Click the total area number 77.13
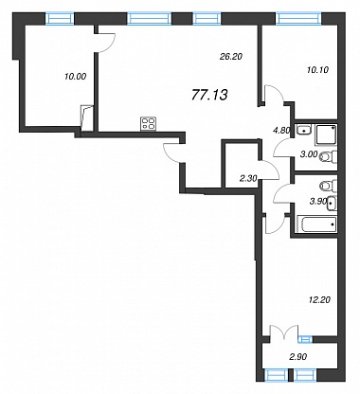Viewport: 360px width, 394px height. click(209, 95)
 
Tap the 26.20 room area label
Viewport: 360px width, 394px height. click(231, 57)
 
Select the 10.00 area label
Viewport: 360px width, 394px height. click(75, 76)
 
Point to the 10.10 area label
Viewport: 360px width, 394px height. click(317, 70)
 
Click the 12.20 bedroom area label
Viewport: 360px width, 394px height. click(319, 299)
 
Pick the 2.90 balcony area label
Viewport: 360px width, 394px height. click(298, 357)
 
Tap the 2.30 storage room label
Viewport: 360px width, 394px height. click(248, 179)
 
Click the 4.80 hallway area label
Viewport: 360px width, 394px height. click(281, 131)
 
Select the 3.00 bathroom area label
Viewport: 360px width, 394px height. click(308, 154)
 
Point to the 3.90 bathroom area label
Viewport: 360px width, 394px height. click(317, 201)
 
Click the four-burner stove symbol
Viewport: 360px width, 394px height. click(149, 123)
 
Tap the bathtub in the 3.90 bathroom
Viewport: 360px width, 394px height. click(318, 224)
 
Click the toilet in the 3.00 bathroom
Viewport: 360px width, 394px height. click(329, 156)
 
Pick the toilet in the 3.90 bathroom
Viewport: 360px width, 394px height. click(329, 186)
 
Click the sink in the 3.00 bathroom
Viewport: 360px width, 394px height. click(304, 129)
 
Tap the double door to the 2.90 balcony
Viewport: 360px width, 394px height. click(284, 333)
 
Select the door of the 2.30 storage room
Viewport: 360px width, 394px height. click(269, 170)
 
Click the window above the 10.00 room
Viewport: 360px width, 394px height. click(60, 18)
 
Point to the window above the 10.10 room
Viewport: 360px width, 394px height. click(298, 18)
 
